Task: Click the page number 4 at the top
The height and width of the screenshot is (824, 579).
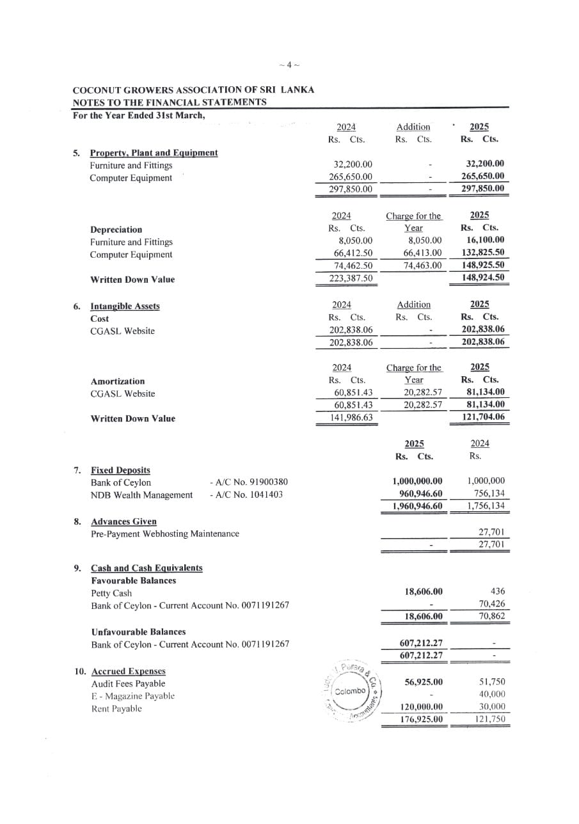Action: coord(289,65)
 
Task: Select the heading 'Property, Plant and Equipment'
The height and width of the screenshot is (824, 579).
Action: coord(154,153)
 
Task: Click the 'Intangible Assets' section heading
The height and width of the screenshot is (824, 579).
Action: coord(125,306)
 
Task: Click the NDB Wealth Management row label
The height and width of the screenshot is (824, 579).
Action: coord(141,495)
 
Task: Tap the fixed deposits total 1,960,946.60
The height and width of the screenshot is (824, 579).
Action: coord(416,506)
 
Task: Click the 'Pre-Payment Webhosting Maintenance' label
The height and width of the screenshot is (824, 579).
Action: coord(165,534)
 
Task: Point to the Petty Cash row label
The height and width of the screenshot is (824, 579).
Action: coord(111,593)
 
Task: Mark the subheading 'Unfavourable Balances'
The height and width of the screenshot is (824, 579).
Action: coord(138,631)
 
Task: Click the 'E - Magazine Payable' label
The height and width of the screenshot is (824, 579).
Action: coord(132,695)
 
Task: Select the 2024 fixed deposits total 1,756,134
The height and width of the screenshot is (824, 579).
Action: coord(486,506)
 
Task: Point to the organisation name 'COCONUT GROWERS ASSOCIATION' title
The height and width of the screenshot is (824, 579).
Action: coord(193,90)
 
